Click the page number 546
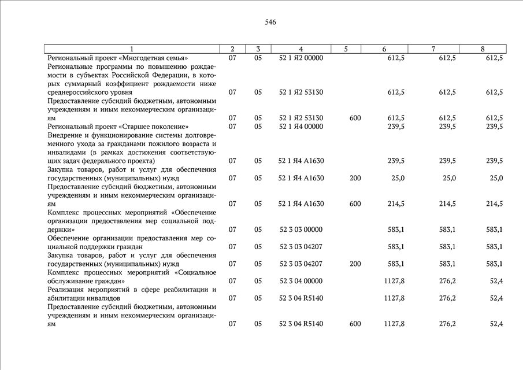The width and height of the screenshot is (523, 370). [270, 23]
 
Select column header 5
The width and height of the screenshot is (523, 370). [346, 49]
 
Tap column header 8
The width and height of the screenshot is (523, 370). [483, 49]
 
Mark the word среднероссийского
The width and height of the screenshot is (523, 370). [81, 92]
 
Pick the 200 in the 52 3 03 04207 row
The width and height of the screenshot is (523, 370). [355, 264]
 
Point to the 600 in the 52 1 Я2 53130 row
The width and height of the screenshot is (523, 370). [355, 118]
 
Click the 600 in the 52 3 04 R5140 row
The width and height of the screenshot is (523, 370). [355, 324]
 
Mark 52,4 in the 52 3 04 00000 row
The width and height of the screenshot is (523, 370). [496, 281]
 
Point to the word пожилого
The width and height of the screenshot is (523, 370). [152, 144]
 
